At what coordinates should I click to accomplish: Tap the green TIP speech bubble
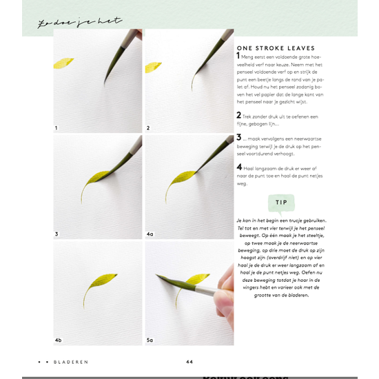point(281,203)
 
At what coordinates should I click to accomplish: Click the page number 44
point(189,361)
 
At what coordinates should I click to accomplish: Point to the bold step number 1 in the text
point(238,56)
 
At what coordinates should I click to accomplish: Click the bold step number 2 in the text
point(238,115)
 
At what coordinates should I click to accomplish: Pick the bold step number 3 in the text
point(238,138)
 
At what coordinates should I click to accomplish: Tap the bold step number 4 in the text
point(238,167)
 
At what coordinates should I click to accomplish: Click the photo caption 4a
point(150,234)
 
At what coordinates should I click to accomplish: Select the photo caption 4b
point(59,340)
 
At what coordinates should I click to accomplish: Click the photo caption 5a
point(150,340)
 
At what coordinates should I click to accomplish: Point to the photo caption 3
point(57,234)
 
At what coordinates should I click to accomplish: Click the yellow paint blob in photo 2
point(154,67)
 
